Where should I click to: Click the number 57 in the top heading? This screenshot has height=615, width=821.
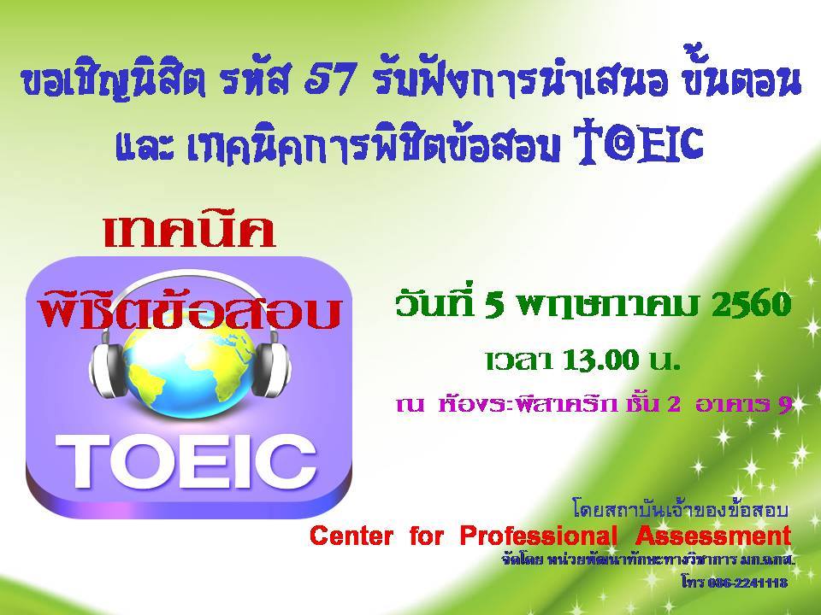point(331,81)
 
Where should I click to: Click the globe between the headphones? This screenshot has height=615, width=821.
point(190,372)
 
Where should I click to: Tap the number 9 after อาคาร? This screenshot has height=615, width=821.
point(784,404)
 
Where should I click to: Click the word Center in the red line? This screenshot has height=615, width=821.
point(351,536)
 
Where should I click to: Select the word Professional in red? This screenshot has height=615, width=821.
point(538,536)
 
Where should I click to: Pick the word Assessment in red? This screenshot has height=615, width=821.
point(713,536)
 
